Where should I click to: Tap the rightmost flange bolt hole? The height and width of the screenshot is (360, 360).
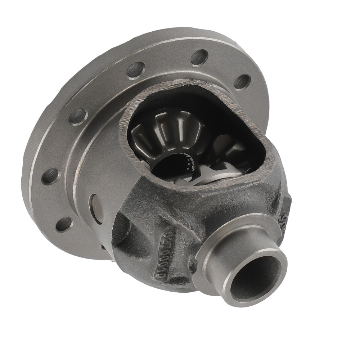click(x=242, y=82)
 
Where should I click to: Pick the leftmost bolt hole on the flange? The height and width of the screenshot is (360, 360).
click(x=50, y=176)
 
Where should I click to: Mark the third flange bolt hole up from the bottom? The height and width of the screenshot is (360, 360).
click(x=78, y=116)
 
